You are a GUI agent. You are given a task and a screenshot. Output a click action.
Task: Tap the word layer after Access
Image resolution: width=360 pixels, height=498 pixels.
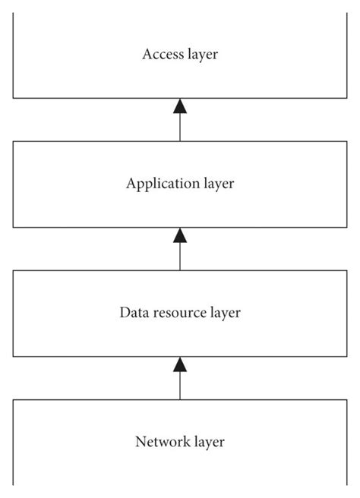tap(201, 54)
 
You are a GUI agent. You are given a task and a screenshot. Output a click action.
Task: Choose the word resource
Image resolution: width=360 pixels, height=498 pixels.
tap(175, 312)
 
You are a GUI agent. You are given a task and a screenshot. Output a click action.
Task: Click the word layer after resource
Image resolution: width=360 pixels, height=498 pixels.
tap(224, 312)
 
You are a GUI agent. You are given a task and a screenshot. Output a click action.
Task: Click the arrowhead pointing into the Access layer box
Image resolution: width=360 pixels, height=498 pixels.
tap(180, 106)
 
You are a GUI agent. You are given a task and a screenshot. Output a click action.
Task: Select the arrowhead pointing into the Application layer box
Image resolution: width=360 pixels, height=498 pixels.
tap(180, 235)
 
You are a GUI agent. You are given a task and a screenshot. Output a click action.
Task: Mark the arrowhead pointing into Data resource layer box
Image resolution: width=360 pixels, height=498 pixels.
tap(180, 364)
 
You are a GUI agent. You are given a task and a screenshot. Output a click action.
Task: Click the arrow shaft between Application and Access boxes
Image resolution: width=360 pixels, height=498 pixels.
tap(180, 128)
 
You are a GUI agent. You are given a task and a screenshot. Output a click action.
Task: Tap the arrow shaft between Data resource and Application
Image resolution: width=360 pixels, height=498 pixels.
tap(180, 257)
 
